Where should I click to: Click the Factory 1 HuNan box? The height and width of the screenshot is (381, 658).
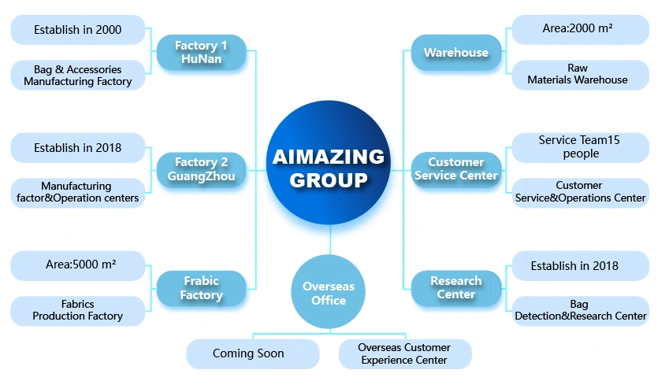[201, 53]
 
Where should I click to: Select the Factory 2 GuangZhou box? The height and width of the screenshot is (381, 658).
[201, 169]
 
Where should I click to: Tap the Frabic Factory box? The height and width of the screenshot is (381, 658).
[201, 288]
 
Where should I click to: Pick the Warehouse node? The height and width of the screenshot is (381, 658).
[456, 53]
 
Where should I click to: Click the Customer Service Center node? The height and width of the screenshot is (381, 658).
[456, 169]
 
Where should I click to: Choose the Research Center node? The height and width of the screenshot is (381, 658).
[456, 288]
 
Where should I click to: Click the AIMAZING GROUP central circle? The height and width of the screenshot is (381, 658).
[329, 167]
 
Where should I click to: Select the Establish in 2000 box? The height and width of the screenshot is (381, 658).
[78, 30]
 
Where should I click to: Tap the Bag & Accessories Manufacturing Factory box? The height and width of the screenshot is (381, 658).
[78, 76]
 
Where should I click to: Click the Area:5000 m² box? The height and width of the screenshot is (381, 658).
[78, 265]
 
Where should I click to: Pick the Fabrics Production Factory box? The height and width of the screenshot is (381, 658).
[78, 310]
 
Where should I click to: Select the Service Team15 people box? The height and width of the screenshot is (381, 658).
[580, 146]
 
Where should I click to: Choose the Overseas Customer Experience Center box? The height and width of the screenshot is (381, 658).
[404, 353]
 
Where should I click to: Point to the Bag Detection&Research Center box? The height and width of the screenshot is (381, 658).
[580, 310]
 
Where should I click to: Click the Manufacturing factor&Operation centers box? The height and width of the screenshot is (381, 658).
[78, 192]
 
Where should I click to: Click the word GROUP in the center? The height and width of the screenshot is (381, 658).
[329, 180]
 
